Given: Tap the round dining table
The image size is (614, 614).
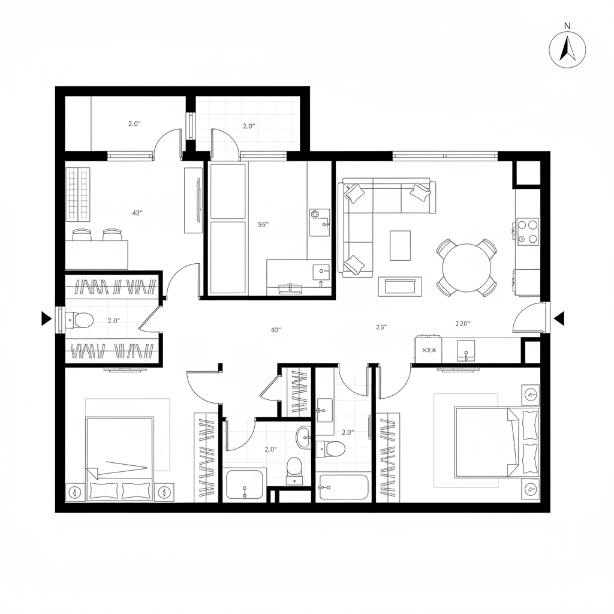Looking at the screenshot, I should point(466,267).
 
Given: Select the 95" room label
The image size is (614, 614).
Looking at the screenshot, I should point(263,225).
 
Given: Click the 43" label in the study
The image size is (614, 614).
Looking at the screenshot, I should point(137,213).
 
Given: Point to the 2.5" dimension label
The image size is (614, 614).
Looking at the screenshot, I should point(381,327).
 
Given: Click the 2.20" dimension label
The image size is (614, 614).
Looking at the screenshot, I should point(462,324).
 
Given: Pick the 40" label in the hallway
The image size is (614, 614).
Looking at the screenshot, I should point(276,330).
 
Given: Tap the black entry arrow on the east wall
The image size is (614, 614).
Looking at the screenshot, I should point(559,319).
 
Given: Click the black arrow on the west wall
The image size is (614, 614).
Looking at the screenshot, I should point(46,319).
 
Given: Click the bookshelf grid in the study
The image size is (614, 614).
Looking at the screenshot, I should point(79,193).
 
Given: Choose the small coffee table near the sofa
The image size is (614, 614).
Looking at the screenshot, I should point(400,246).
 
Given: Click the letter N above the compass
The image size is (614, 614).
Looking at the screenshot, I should point(567,26).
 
